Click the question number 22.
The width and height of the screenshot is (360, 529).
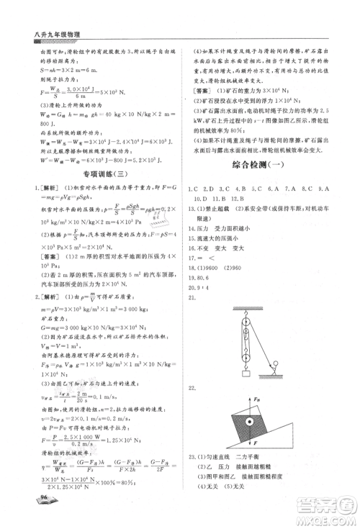(x=191, y=388)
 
